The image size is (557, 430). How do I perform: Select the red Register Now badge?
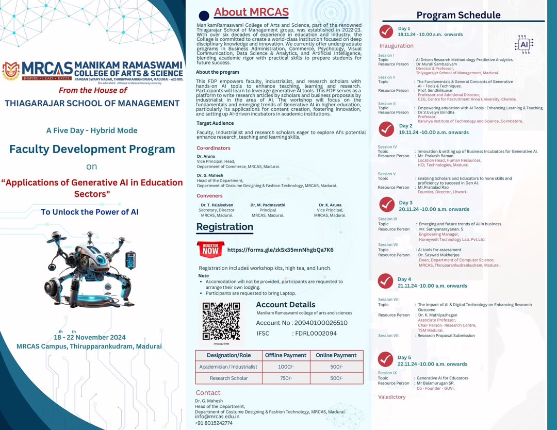(210, 250)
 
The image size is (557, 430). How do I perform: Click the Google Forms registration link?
(280, 250)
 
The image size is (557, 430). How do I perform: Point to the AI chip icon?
(524, 45)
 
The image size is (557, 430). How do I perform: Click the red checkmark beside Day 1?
(386, 31)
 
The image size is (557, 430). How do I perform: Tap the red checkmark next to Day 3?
(387, 205)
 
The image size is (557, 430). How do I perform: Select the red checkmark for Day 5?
(386, 359)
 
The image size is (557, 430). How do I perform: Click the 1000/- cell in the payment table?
(285, 367)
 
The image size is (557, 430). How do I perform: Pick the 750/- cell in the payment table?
(285, 378)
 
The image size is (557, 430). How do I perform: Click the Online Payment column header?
(336, 355)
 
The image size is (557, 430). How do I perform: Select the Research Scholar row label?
(228, 378)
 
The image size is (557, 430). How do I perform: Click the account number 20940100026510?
(321, 323)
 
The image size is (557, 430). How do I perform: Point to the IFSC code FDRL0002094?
(315, 334)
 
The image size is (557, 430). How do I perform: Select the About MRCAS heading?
(251, 12)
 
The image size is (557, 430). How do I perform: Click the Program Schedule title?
(458, 15)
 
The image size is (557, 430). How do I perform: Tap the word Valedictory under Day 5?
(392, 397)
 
